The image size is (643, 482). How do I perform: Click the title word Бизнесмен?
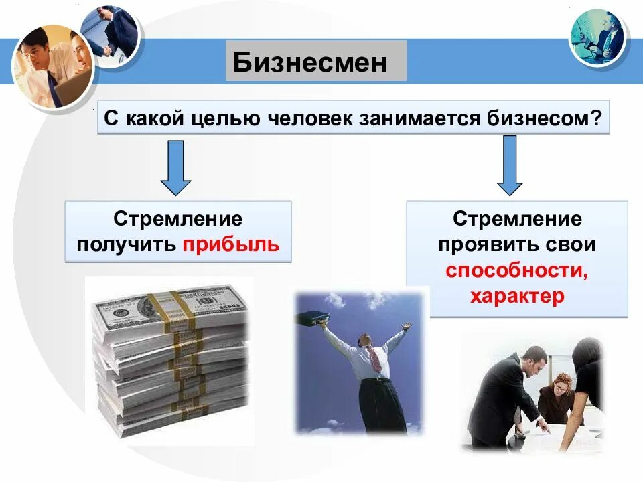click(x=310, y=62)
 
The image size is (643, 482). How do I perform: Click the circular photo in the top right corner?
click(x=597, y=37)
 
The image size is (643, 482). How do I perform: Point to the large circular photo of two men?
click(x=52, y=67)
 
